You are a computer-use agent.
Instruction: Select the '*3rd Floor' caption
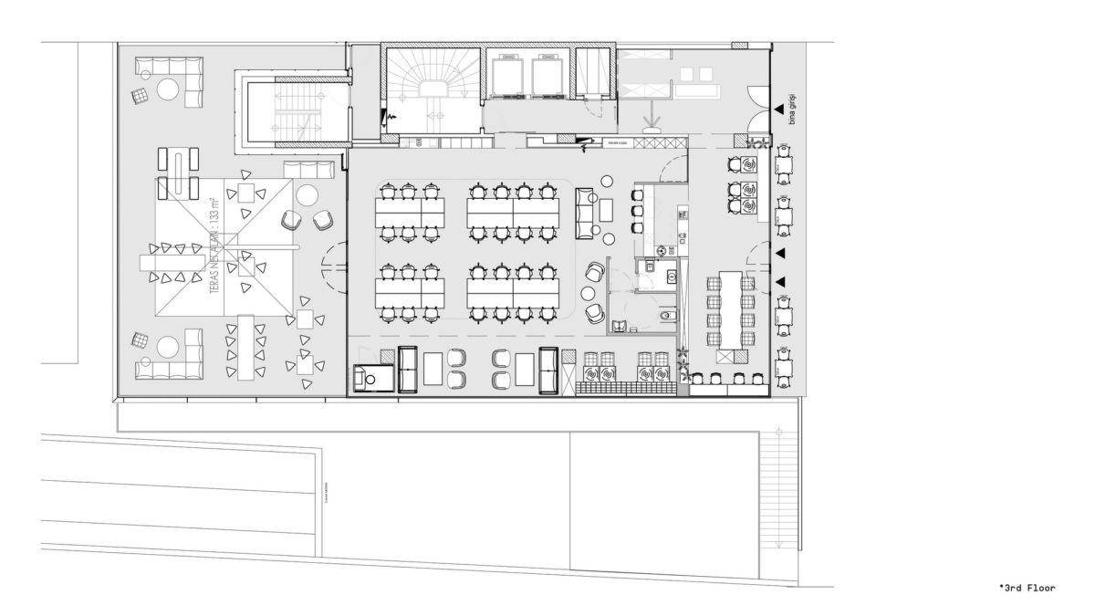point(1027,588)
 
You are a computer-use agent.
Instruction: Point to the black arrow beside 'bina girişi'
point(777,110)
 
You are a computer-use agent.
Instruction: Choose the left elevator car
point(506,77)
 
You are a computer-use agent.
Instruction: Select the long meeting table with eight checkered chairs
point(730,308)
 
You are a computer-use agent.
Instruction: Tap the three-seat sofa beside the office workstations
point(585,208)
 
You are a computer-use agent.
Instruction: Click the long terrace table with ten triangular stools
point(245,348)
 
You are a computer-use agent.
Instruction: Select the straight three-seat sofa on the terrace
point(302,170)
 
